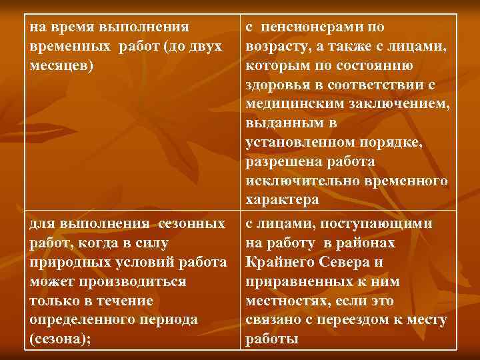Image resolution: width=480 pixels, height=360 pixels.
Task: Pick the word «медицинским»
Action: tap(290, 105)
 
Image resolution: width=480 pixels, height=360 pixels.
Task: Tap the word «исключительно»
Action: tap(298, 181)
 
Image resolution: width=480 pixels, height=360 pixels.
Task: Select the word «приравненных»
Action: tap(293, 281)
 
